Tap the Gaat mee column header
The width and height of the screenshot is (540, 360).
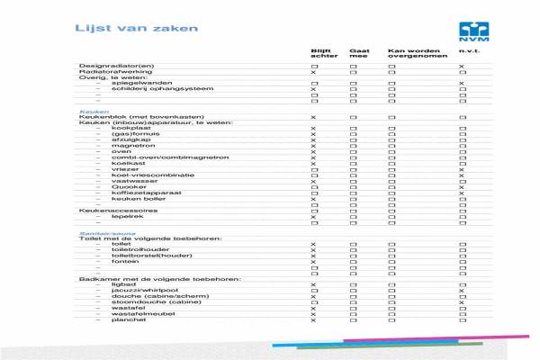(358, 54)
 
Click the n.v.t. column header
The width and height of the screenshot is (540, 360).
(466, 51)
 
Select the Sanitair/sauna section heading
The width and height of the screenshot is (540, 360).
(101, 231)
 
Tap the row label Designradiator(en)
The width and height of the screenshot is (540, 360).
(116, 67)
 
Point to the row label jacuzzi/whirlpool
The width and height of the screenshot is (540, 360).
(138, 290)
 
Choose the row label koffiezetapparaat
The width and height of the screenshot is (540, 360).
(139, 193)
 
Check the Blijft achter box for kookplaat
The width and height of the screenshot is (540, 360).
(313, 130)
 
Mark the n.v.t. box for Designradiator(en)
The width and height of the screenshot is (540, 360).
(462, 67)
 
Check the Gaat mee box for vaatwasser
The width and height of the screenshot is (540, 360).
(353, 181)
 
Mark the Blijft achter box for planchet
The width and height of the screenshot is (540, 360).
(313, 319)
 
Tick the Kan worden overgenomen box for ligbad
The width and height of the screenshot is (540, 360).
(391, 284)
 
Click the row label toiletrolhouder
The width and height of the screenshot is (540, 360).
(136, 249)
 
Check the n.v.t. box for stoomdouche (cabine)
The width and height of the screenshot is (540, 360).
(462, 302)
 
